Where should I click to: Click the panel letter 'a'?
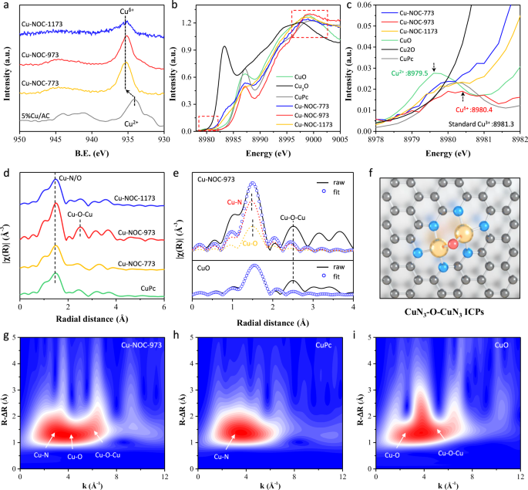pyautogui.click(x=6, y=6)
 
